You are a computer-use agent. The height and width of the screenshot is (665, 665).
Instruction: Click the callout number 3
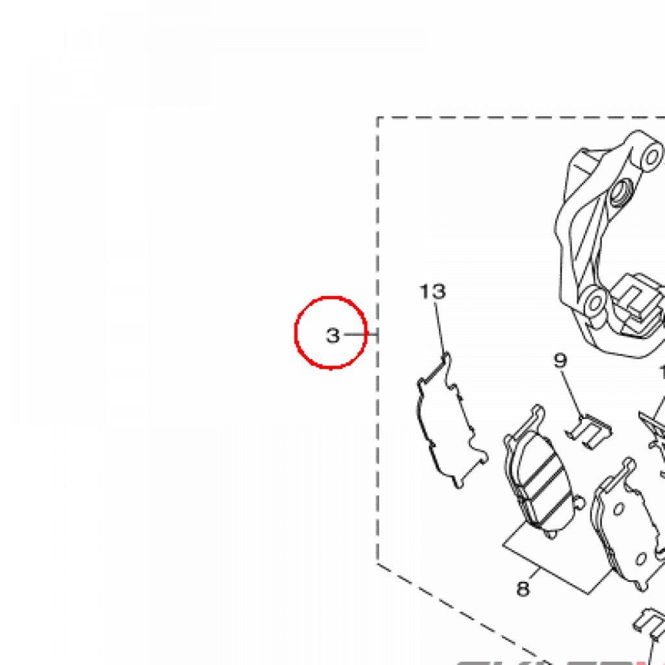point(332,336)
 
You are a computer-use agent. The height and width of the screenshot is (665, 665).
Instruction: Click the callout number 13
point(433,292)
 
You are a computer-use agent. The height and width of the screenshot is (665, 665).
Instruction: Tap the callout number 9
point(560,361)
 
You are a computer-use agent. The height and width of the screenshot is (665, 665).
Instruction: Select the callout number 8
point(523,588)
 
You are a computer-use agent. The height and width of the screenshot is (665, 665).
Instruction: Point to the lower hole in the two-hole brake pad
point(642,558)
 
